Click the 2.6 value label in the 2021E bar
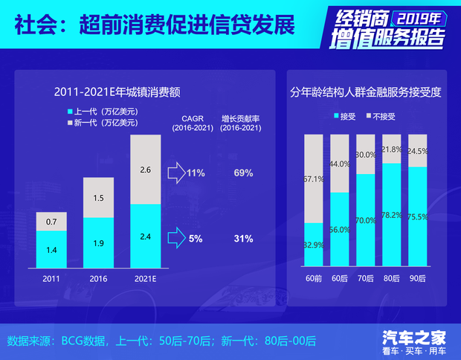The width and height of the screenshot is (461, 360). [x=145, y=170]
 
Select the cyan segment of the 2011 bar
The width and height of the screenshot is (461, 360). [x=51, y=249]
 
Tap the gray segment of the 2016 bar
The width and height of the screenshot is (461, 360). [x=98, y=197]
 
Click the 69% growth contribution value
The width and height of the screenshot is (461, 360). [x=243, y=173]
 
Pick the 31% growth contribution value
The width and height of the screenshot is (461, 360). [x=243, y=239]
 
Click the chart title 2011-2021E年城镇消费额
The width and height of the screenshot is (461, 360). [x=117, y=92]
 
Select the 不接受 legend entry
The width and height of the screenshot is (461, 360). [x=379, y=117]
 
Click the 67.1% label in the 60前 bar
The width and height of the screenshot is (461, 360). [x=314, y=179]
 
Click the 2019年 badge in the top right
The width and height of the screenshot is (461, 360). [x=426, y=16]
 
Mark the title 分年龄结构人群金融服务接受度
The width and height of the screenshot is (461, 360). [x=365, y=93]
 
